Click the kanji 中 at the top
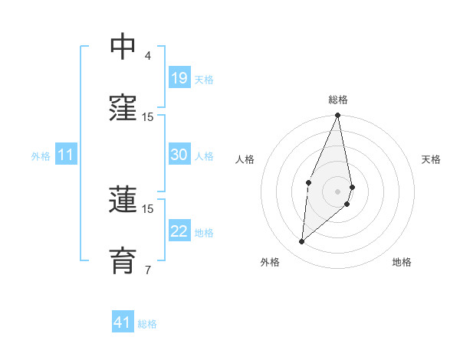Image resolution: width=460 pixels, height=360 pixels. click(x=123, y=47)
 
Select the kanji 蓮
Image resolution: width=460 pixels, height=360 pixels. click(x=123, y=200)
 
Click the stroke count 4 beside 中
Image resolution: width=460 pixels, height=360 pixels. click(x=148, y=55)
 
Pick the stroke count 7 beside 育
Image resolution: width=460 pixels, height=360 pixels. click(x=148, y=269)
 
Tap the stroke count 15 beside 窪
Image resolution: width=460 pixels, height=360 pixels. click(x=148, y=116)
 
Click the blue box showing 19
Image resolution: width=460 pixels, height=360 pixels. click(x=179, y=78)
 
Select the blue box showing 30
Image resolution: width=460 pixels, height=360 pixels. click(x=179, y=155)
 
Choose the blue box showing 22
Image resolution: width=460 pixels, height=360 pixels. click(x=179, y=231)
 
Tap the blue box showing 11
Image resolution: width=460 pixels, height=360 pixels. click(x=66, y=155)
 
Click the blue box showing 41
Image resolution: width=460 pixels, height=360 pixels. click(x=123, y=322)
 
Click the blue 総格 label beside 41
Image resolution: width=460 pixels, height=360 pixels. click(x=147, y=324)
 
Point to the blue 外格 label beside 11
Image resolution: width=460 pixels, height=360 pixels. click(x=41, y=156)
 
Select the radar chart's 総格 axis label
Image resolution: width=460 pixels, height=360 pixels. click(x=338, y=100)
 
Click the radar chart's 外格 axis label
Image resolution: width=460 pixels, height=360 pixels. click(x=270, y=262)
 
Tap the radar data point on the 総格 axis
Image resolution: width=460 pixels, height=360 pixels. click(x=338, y=115)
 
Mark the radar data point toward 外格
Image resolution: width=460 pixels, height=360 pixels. click(x=302, y=241)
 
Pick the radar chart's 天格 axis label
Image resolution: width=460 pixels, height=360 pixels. click(x=432, y=159)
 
